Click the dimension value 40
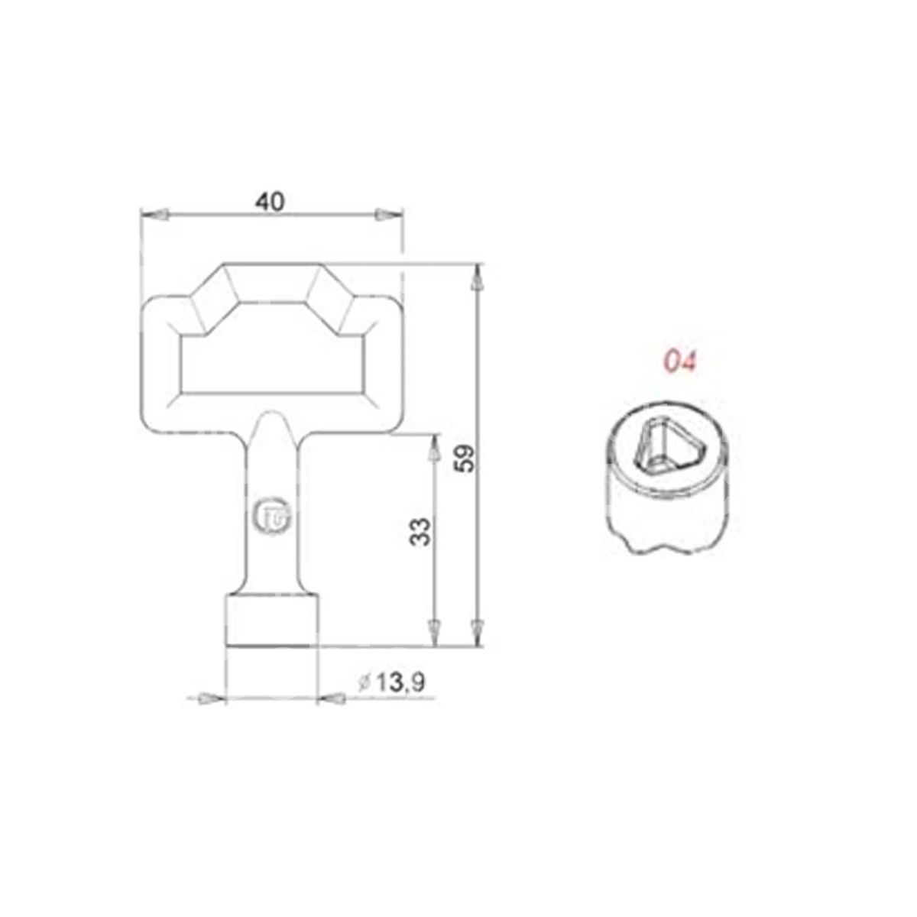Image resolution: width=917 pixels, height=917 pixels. pos(270,202)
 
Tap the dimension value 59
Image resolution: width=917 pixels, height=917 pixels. pos(465,458)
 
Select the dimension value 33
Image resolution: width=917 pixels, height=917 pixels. pos(420,532)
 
